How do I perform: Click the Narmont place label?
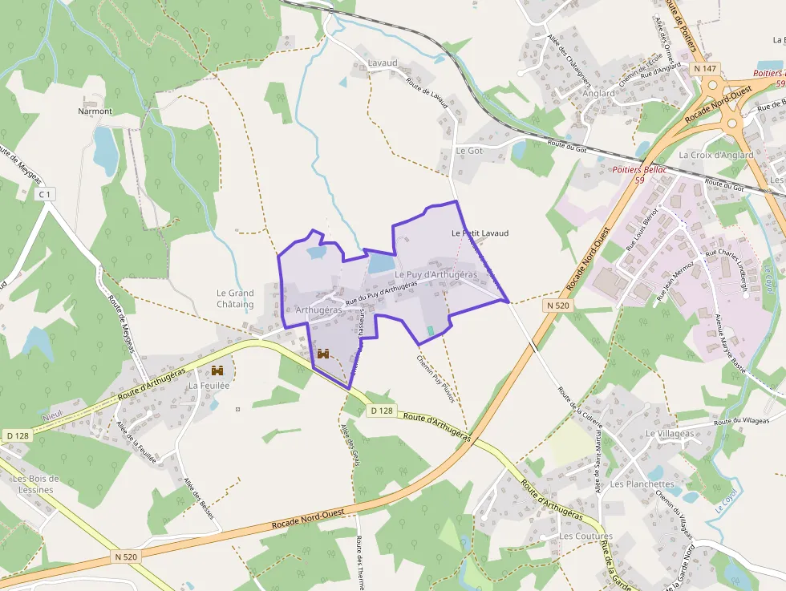(95, 111)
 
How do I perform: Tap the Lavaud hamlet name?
(383, 63)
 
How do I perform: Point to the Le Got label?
(469, 151)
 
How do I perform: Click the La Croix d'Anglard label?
(715, 155)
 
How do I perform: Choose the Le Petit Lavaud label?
(480, 233)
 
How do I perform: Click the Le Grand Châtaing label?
(235, 299)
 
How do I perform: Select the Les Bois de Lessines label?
(33, 484)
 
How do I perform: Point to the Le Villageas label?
(670, 434)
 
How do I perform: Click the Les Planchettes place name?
(642, 484)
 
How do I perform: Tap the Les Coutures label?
(585, 536)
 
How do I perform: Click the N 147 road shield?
(706, 69)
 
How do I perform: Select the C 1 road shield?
(45, 194)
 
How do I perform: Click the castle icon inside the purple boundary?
(325, 353)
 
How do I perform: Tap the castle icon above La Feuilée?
(217, 370)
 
